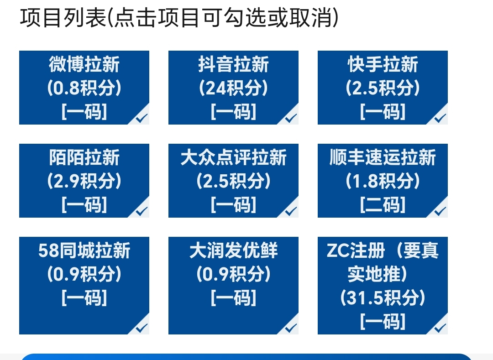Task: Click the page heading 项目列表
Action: pyautogui.click(x=63, y=17)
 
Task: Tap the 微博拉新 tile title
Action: pyautogui.click(x=84, y=64)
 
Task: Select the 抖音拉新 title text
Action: pyautogui.click(x=233, y=64)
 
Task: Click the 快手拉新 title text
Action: pyautogui.click(x=383, y=64)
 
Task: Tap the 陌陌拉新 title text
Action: pyautogui.click(x=84, y=157)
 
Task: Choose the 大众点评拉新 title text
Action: pyautogui.click(x=233, y=157)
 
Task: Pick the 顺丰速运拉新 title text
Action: pyautogui.click(x=383, y=157)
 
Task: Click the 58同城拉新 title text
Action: pyautogui.click(x=84, y=250)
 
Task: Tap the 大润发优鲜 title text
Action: pyautogui.click(x=233, y=250)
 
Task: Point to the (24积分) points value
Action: pyautogui.click(x=233, y=88)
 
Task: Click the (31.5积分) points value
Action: pyautogui.click(x=383, y=297)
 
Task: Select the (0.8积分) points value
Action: pyautogui.click(x=84, y=88)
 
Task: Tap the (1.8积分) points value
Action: pyautogui.click(x=383, y=181)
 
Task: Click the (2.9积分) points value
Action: pyautogui.click(x=84, y=181)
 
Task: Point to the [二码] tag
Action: pyautogui.click(x=383, y=204)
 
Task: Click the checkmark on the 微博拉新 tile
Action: pyautogui.click(x=142, y=118)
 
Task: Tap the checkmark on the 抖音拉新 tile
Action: pyautogui.click(x=291, y=118)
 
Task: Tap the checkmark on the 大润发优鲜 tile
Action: pyautogui.click(x=291, y=328)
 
